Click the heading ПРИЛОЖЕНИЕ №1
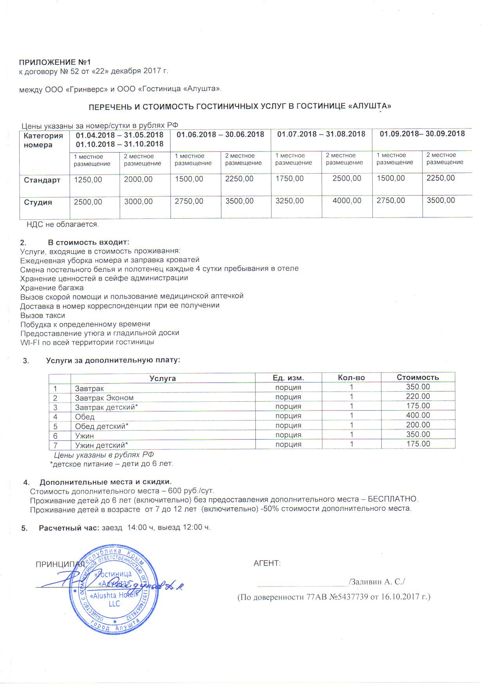[x=55, y=62]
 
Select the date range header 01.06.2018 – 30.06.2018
[x=220, y=135]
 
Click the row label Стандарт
[x=42, y=180]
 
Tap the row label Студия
[x=38, y=202]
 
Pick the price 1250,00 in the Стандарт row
[x=88, y=180]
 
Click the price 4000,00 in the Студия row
[x=347, y=201]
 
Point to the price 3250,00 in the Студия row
[x=289, y=201]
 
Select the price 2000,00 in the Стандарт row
[x=138, y=180]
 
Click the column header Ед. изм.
[x=288, y=378]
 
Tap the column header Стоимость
[x=418, y=377]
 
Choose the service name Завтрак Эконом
[x=104, y=398]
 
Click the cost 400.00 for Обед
[x=418, y=415]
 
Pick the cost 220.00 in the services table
[x=418, y=397]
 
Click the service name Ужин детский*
[x=102, y=445]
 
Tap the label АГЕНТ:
[x=267, y=564]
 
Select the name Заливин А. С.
[x=377, y=582]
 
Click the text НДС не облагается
[x=63, y=224]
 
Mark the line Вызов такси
[x=43, y=315]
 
